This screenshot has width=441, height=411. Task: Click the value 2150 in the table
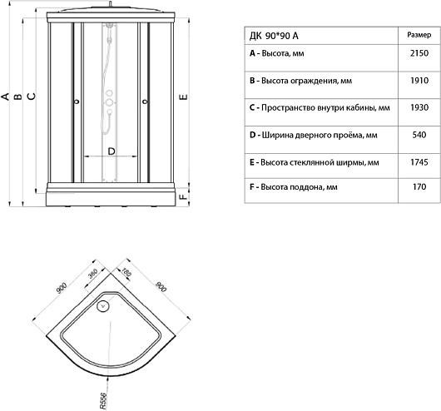(419, 53)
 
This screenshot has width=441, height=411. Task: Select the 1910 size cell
(419, 81)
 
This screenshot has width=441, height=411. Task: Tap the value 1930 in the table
(419, 107)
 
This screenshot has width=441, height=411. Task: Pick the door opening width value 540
(419, 135)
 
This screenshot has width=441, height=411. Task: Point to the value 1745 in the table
(419, 162)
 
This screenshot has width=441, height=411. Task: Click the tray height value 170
(419, 186)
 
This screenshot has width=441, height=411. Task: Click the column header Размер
(419, 35)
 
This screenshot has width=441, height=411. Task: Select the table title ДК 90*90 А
(274, 36)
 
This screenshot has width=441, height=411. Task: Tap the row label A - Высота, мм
(277, 53)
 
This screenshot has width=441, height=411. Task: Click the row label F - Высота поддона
(294, 187)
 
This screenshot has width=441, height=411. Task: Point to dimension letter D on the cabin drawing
(111, 151)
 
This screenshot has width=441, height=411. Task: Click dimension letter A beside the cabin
(5, 97)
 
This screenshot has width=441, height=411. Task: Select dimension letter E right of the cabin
(183, 97)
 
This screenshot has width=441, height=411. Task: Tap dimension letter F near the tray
(183, 196)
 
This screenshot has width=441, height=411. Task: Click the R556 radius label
(103, 400)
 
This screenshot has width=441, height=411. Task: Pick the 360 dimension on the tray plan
(92, 273)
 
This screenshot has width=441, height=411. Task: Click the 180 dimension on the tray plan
(126, 272)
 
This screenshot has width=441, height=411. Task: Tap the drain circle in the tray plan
(102, 306)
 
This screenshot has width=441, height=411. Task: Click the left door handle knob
(77, 102)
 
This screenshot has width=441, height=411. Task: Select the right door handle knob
(145, 102)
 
